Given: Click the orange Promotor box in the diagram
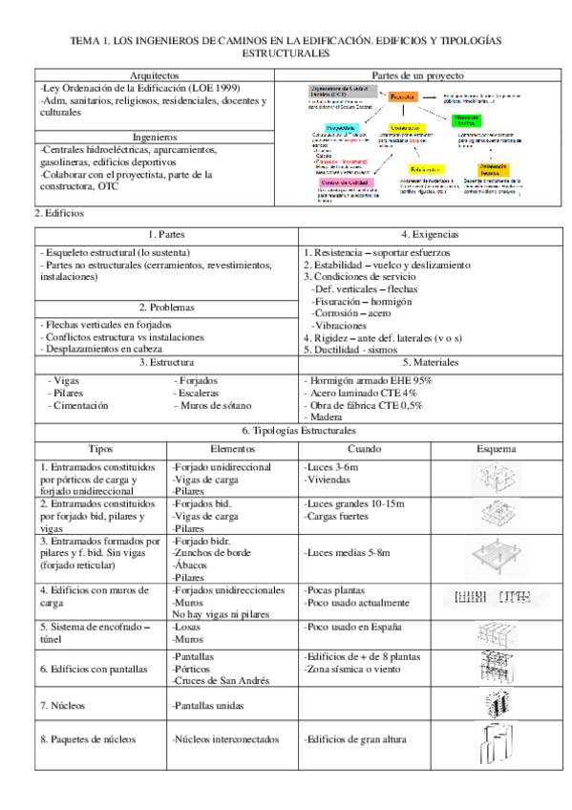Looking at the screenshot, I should click(x=402, y=97).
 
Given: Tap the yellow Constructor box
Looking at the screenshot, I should click(x=408, y=127).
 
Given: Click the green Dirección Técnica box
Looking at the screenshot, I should click(x=468, y=120).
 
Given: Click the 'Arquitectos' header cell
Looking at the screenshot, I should click(x=153, y=75).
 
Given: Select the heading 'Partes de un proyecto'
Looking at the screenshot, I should click(x=417, y=75).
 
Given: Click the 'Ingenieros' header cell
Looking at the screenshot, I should click(x=153, y=138).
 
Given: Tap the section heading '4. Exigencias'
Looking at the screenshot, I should click(x=430, y=234).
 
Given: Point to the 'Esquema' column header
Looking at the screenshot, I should click(x=497, y=448).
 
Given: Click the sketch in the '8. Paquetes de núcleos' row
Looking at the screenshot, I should click(x=496, y=740).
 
